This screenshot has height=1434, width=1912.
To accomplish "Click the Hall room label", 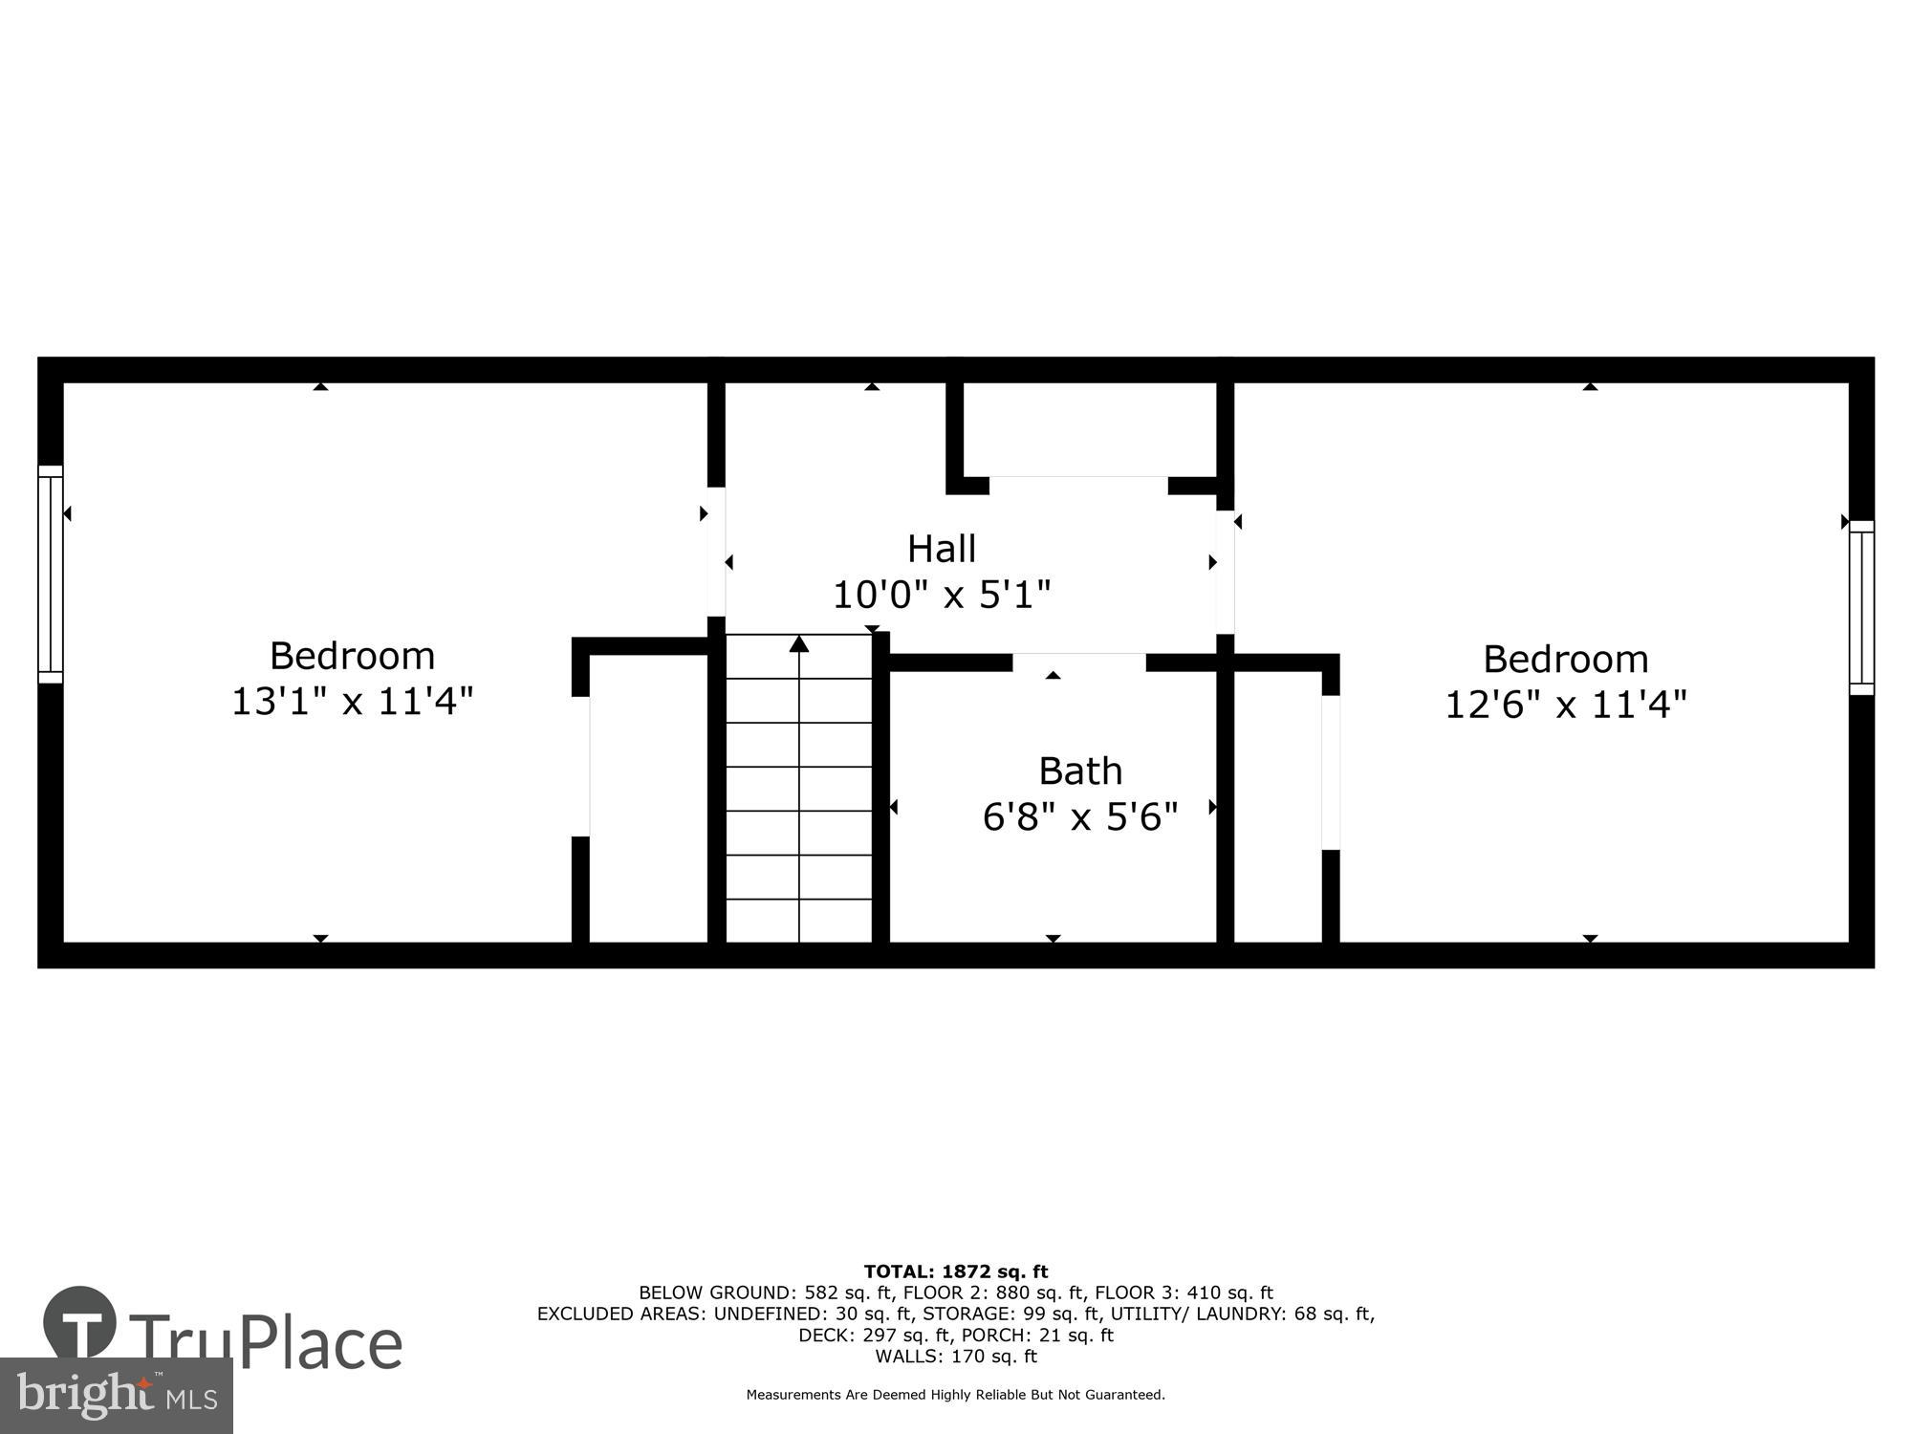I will (942, 549).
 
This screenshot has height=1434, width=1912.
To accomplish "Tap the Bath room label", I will (1080, 771).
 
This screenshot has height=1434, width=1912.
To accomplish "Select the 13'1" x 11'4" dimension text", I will (353, 702).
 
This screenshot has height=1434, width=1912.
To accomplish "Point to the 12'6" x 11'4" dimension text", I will (1565, 706).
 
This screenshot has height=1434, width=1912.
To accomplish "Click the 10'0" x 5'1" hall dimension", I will (942, 595).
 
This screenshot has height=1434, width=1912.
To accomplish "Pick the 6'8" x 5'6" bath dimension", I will (1080, 817).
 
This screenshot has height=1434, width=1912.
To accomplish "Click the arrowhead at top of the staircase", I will (799, 644).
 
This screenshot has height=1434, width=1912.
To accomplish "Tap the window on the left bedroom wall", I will (51, 575).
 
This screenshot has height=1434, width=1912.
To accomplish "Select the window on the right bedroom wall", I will (1861, 607).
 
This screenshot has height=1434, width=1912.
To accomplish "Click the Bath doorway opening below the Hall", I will (1078, 663).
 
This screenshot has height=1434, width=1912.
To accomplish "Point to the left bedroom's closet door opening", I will (580, 766).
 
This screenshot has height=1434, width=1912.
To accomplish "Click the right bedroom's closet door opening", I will (1331, 771).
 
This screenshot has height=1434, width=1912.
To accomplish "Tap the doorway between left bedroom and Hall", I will (716, 552).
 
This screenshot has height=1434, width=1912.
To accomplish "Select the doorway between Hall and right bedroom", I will (1225, 572).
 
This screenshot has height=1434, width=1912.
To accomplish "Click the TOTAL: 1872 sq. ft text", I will (956, 1271).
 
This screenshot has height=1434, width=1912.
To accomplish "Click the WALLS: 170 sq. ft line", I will (956, 1356).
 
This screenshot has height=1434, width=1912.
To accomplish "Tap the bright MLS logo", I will (117, 1397).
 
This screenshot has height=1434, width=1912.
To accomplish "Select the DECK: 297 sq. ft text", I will (875, 1335).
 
